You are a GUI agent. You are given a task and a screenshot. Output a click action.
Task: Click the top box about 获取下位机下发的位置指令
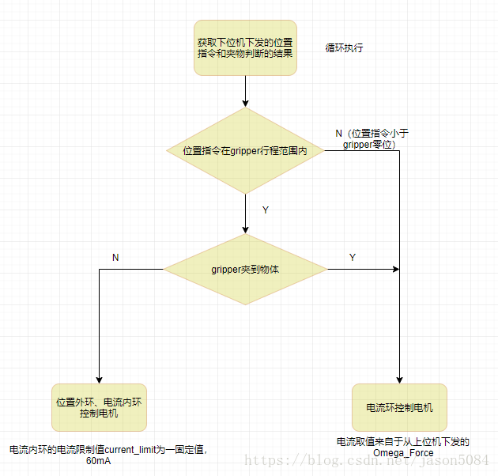tap(245, 47)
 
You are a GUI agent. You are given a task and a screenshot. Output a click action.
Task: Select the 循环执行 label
tap(345, 47)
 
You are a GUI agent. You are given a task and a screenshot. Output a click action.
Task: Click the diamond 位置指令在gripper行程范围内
tap(245, 150)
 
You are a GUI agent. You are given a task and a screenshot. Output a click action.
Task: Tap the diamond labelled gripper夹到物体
tap(245, 269)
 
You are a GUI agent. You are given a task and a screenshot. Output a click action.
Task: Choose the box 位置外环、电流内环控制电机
tap(99, 407)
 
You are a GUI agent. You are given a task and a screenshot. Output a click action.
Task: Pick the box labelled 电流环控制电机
tap(399, 408)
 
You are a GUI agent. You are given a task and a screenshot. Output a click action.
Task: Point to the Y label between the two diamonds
tap(265, 210)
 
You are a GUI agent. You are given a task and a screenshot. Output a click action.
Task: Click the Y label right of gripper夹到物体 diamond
tap(352, 258)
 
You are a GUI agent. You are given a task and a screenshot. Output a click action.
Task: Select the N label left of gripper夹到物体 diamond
tap(115, 258)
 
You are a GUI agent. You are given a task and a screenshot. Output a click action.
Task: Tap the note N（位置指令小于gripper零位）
tap(369, 138)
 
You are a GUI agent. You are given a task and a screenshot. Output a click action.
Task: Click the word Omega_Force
tap(403, 453)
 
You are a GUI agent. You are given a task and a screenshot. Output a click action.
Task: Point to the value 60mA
tap(99, 461)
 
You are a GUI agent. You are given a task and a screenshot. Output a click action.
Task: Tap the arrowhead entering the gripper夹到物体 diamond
tap(245, 229)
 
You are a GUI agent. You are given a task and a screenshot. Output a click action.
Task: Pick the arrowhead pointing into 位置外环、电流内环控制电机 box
tap(99, 380)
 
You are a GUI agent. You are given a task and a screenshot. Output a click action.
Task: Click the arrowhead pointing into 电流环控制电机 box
tap(399, 380)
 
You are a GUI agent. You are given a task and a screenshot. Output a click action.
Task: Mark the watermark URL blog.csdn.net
tap(316, 460)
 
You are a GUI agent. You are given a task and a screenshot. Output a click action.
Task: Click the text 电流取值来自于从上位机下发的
tap(403, 441)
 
